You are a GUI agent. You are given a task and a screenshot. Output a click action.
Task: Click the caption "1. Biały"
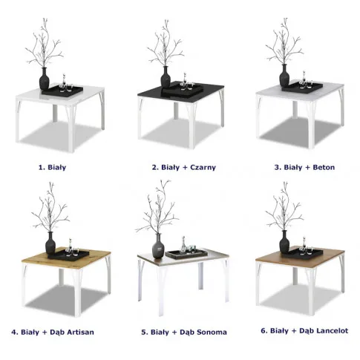click(52, 167)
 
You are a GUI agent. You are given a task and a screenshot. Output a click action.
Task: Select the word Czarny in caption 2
click(203, 168)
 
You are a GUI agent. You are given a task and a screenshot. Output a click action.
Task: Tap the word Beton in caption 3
click(324, 167)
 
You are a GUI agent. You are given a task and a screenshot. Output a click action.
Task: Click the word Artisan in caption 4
click(81, 332)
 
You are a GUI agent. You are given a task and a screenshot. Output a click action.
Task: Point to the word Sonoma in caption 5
click(212, 332)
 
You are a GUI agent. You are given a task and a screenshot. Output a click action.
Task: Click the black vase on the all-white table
click(45, 79)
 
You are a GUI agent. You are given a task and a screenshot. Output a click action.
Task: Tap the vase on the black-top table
click(166, 76)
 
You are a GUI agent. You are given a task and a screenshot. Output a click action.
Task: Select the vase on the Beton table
click(284, 76)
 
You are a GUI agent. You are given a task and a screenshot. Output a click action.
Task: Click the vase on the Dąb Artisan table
click(50, 243)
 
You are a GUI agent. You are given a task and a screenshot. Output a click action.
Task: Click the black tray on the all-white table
click(62, 90)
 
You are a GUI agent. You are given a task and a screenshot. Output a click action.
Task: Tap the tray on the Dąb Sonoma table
click(187, 254)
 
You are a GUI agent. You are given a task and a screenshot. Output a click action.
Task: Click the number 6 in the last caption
click(263, 330)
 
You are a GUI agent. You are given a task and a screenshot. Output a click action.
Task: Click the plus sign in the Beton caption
click(307, 168)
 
